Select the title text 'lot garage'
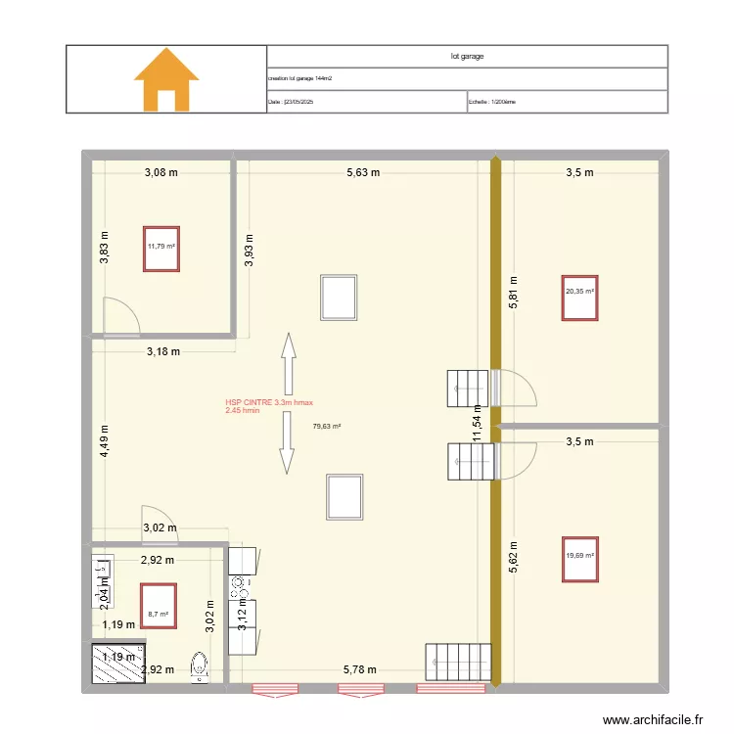[x=467, y=56]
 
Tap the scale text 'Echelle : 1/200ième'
[x=492, y=101]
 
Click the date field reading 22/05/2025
[x=291, y=101]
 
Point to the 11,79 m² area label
[x=161, y=247]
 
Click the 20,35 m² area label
[x=579, y=292]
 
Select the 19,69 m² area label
[x=579, y=556]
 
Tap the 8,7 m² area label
[x=158, y=615]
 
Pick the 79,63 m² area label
[x=327, y=426]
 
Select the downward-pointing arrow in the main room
[x=288, y=442]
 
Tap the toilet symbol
[x=202, y=665]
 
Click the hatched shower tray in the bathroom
[x=116, y=665]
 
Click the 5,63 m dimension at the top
[x=362, y=173]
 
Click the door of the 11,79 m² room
[x=121, y=314]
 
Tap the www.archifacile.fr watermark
[x=653, y=718]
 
